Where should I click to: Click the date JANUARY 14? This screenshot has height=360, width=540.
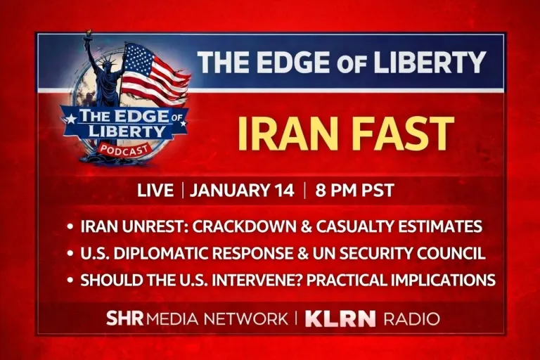(x=242, y=190)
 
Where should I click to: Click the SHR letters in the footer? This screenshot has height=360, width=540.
(x=124, y=319)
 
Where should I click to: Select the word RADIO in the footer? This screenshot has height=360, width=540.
(x=412, y=319)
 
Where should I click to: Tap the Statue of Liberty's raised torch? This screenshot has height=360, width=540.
(x=89, y=35)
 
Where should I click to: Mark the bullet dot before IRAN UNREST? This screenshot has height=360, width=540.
(x=70, y=227)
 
